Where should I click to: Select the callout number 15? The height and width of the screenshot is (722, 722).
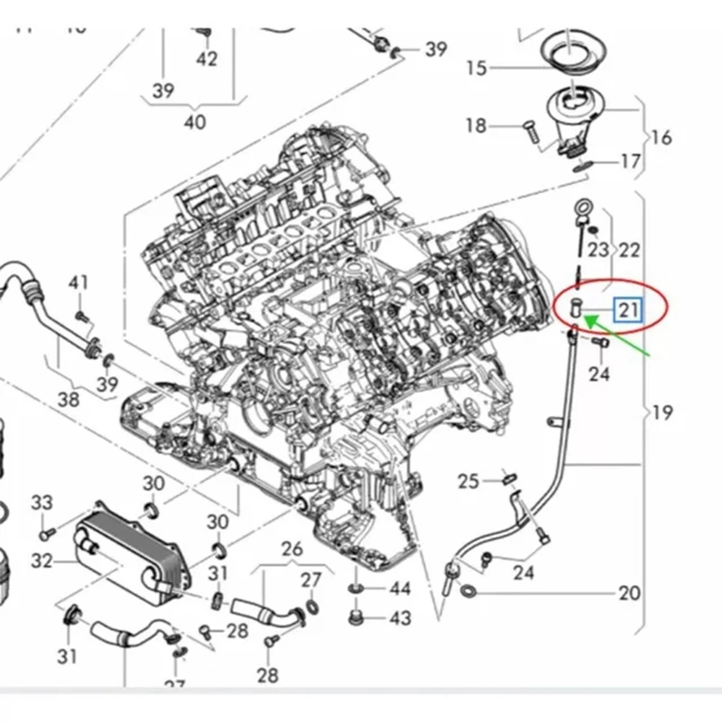coord(477,68)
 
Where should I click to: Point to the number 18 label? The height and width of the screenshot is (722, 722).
coord(476,125)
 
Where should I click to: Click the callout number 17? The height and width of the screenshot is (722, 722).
coord(630,162)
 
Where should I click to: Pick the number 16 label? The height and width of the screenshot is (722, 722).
coord(661,137)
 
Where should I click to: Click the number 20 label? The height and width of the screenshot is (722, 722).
coord(629,593)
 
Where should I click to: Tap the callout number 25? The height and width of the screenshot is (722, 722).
coord(467,481)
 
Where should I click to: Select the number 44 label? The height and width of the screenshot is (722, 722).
coord(400,589)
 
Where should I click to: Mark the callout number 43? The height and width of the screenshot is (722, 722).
coord(400,618)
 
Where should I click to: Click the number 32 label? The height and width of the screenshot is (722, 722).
coord(42,560)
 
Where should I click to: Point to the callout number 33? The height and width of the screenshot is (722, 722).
coord(42,502)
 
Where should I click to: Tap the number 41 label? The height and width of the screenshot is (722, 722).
coord(79,283)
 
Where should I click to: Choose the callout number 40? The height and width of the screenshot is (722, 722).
coord(194,121)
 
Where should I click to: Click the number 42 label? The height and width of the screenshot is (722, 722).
coord(207,60)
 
